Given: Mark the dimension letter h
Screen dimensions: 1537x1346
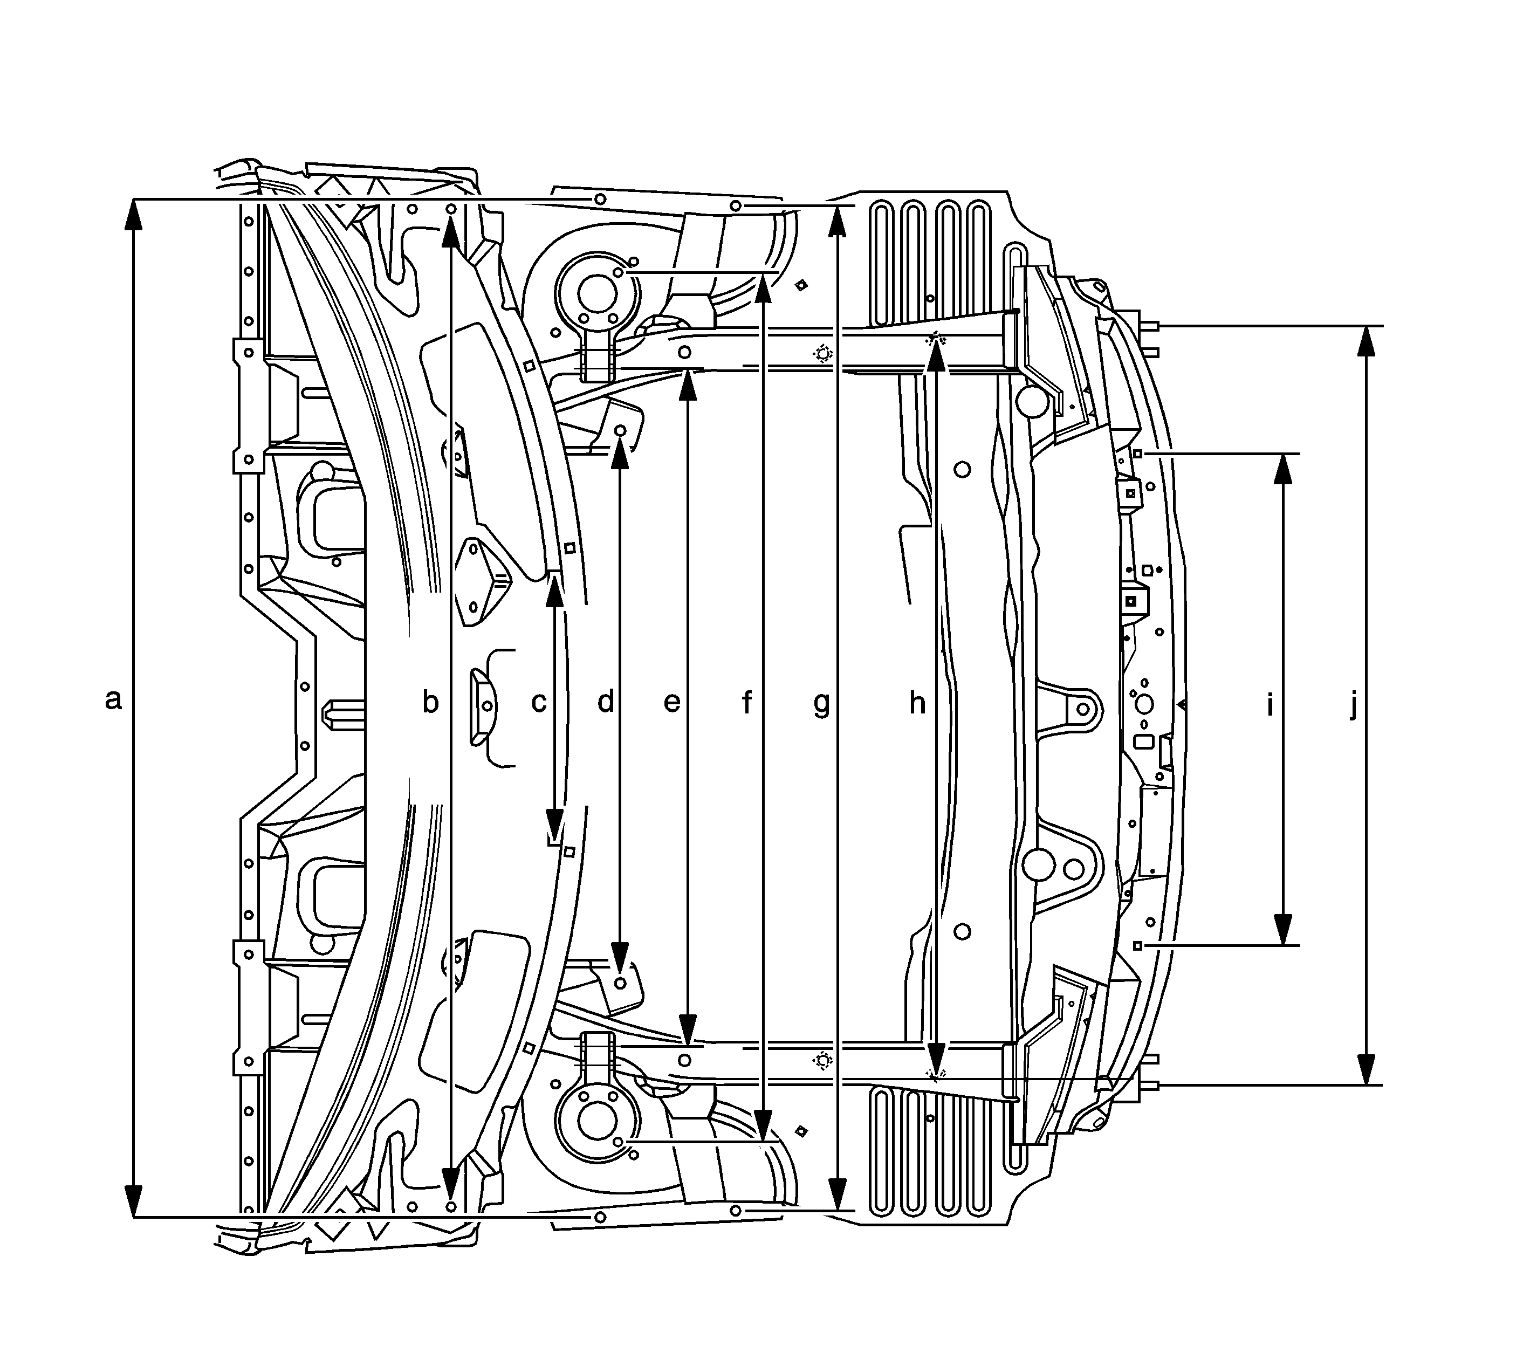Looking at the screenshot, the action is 917,702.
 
